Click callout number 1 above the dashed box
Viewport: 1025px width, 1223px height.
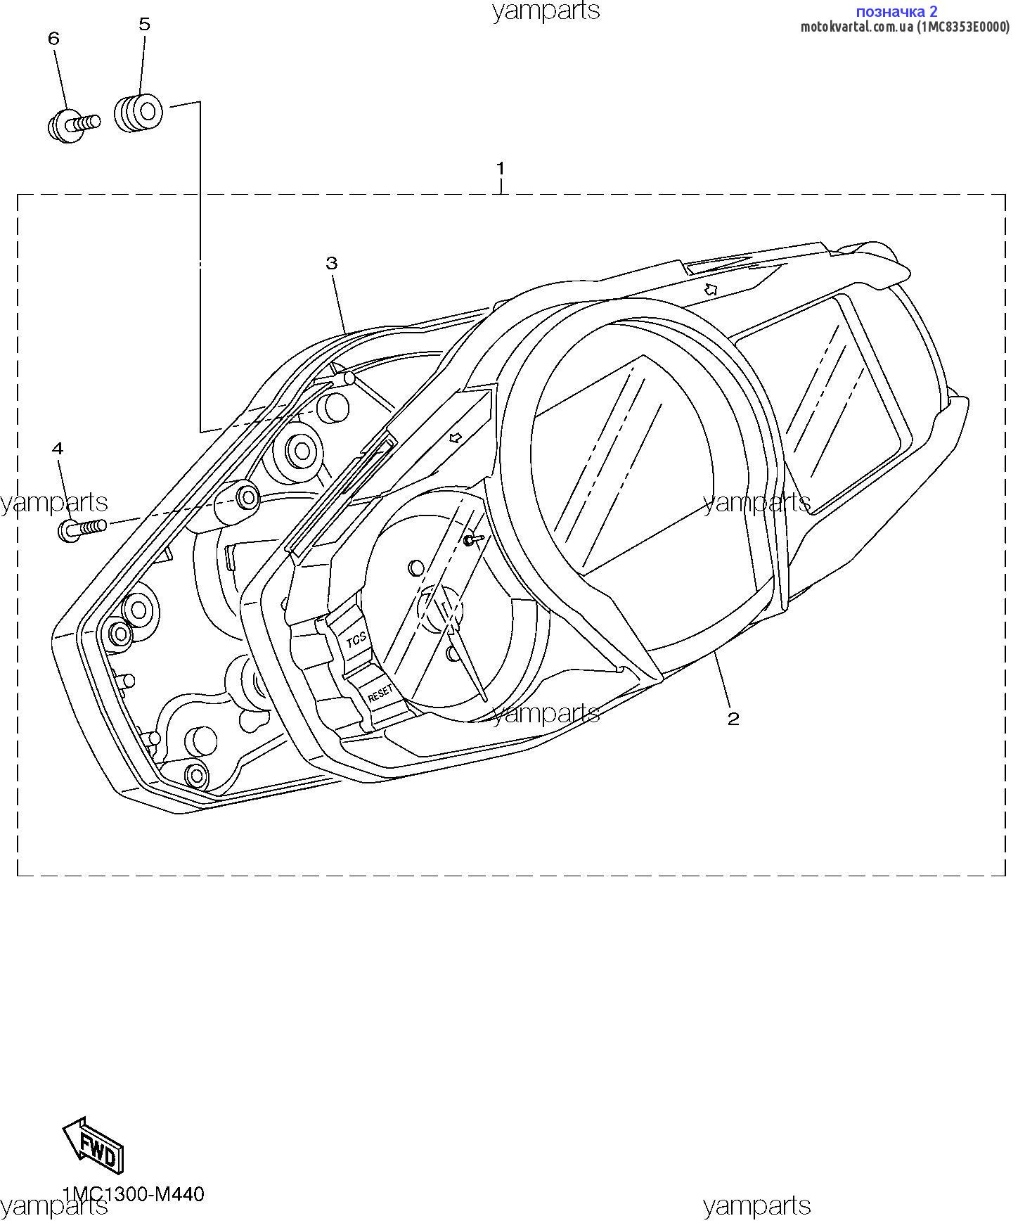click(x=500, y=169)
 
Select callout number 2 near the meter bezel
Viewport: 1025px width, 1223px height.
click(x=733, y=718)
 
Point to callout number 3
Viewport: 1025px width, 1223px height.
click(x=332, y=263)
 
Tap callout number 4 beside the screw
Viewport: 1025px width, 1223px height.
click(x=58, y=448)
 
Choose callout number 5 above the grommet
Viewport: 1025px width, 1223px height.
click(x=144, y=25)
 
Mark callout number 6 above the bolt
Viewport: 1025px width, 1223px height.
click(x=54, y=38)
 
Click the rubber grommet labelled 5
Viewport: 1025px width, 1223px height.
click(x=138, y=112)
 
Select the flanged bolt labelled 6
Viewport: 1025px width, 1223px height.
click(x=73, y=125)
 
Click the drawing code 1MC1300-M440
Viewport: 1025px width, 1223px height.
click(x=133, y=1194)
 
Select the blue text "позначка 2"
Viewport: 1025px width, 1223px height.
click(x=896, y=11)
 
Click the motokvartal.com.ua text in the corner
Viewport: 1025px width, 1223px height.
click(x=857, y=27)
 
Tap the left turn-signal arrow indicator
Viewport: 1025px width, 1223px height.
click(x=456, y=437)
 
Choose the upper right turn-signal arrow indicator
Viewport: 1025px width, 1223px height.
click(x=711, y=288)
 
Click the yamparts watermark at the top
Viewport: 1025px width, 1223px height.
click(x=546, y=11)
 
